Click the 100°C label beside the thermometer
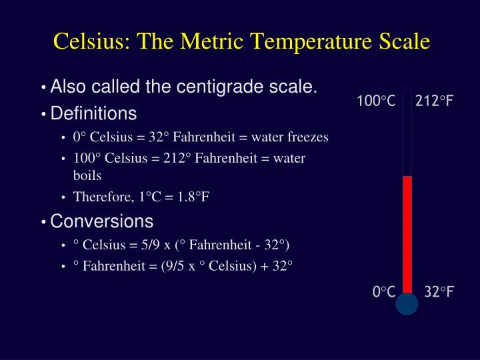[376, 101]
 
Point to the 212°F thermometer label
[434, 101]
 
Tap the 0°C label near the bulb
[384, 291]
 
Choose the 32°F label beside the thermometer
[439, 291]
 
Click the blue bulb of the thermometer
[407, 304]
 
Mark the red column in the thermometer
[407, 235]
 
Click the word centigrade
[220, 87]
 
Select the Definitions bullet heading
[93, 113]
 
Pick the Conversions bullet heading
[101, 221]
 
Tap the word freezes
[308, 137]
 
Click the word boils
[87, 175]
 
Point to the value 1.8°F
[193, 197]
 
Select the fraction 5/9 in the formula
[150, 245]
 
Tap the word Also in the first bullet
[68, 86]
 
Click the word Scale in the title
[405, 41]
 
